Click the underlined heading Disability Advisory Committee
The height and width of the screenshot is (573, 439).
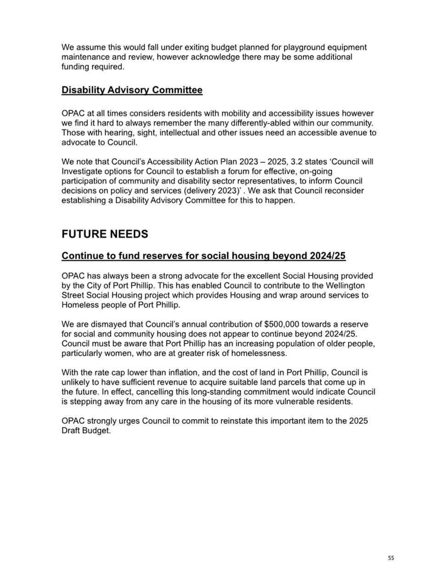132,90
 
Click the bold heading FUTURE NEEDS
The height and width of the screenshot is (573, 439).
105,234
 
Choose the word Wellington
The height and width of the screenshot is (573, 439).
343,286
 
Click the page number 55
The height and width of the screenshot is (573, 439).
390,558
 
